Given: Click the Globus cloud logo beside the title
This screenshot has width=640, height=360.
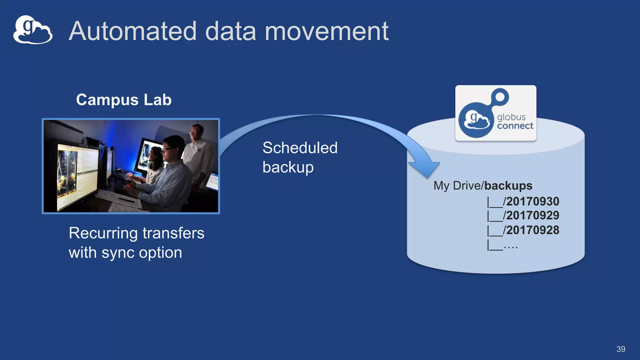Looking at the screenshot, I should pos(32,30).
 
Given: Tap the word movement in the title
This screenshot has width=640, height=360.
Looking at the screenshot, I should pos(327,32).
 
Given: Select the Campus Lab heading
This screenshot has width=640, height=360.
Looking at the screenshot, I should pos(124,100).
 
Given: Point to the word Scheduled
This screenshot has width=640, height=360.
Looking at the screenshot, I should pos(300,148).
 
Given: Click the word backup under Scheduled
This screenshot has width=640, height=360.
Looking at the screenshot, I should pos(288,167).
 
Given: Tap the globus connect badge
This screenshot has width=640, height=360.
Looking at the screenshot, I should pos(496,113).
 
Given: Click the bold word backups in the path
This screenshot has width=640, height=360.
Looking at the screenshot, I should pos(508,186).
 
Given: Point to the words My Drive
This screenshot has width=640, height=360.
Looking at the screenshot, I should pos(458,186).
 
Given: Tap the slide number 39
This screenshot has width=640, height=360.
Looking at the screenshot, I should pos(621,349).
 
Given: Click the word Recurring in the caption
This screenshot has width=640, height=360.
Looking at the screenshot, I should pos(103,233).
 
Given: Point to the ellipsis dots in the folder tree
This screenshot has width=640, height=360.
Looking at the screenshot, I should pos(511,247).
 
